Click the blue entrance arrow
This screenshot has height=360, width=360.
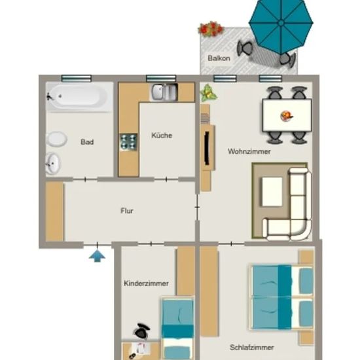point(97,256)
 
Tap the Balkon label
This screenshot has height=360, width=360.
point(219,58)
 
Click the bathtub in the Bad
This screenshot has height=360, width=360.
point(79,97)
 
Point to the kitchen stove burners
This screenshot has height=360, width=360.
point(128,142)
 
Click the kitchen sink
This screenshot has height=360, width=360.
point(164,92)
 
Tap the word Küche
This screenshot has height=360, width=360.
point(162,135)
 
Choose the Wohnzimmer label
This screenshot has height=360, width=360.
point(249,152)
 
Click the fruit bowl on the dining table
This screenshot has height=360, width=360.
point(287,115)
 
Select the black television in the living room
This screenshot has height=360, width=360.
point(207,149)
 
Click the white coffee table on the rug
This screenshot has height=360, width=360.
point(272,192)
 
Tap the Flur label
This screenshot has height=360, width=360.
point(127,211)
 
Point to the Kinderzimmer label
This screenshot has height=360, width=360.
point(146,283)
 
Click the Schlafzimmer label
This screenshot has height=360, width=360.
point(252,348)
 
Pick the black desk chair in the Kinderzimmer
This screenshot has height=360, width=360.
point(141,331)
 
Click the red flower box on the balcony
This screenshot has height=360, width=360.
point(211,29)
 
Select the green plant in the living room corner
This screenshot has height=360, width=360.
point(208,93)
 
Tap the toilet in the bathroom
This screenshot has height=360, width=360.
point(56,139)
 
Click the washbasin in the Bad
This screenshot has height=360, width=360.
point(53,163)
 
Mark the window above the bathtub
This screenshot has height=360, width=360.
point(77,79)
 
